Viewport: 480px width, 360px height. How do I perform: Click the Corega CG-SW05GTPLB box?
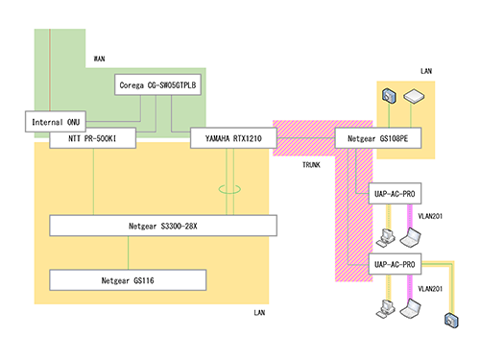[157, 84]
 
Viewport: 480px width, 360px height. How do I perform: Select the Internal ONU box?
[56, 122]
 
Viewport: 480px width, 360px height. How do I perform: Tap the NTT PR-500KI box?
[92, 138]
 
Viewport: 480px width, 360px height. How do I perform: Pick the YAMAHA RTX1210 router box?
[233, 138]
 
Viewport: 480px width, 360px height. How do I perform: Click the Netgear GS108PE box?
[378, 138]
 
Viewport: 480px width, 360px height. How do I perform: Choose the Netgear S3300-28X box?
[163, 226]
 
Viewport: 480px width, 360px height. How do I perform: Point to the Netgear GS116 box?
[128, 280]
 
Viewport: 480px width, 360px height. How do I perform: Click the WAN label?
[99, 59]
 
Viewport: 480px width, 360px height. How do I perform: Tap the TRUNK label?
[311, 165]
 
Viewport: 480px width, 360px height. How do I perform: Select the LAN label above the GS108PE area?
[426, 71]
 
